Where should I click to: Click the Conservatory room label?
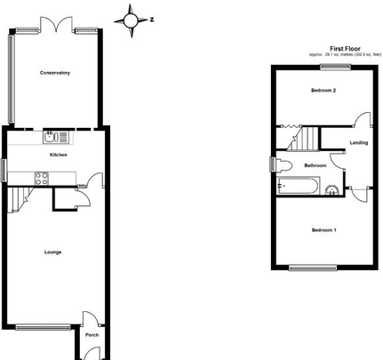click(55, 73)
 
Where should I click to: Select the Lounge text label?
click(53, 252)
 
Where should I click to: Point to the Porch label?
click(92, 335)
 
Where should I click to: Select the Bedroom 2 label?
click(323, 91)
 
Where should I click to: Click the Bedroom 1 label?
click(323, 230)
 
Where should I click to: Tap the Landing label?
click(359, 142)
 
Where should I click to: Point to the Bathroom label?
click(315, 166)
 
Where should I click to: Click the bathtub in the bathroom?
click(299, 188)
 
